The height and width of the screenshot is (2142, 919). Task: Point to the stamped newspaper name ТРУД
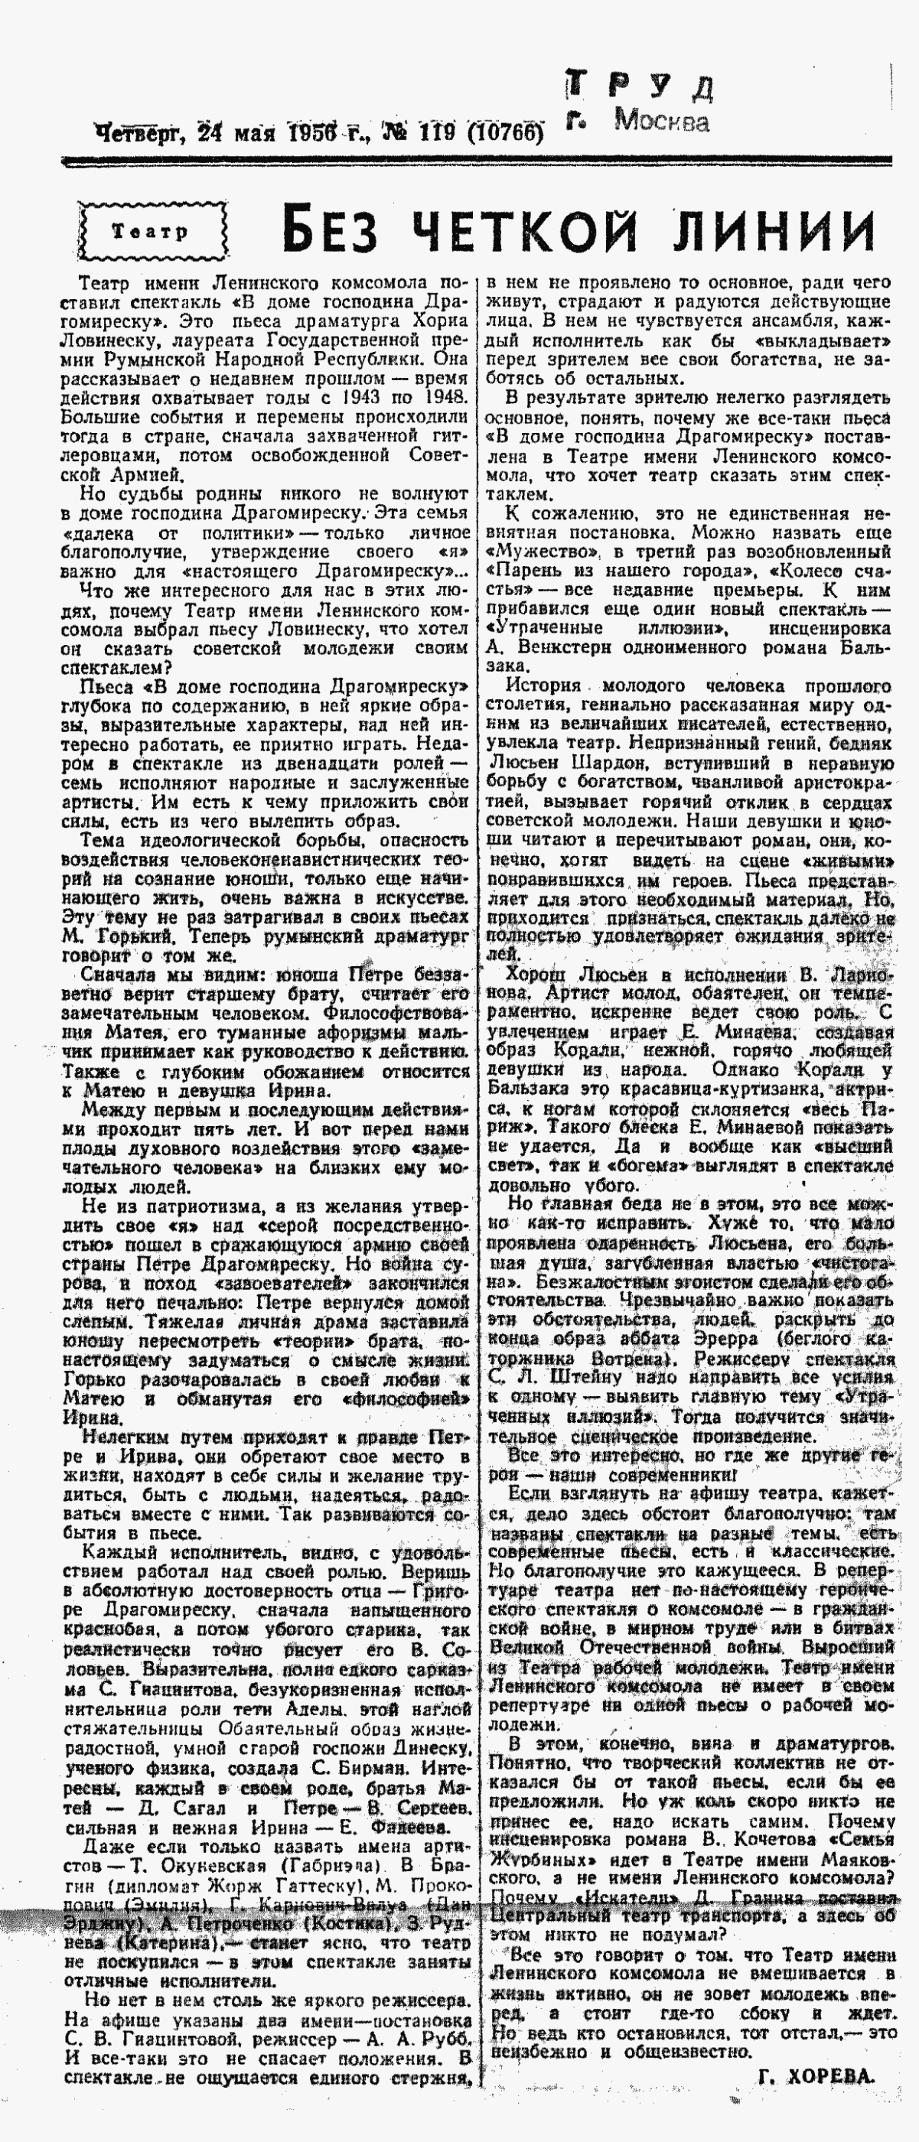tap(640, 86)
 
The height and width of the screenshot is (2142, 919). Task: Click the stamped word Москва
tap(662, 122)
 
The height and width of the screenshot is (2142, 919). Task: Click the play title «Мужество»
tap(543, 552)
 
